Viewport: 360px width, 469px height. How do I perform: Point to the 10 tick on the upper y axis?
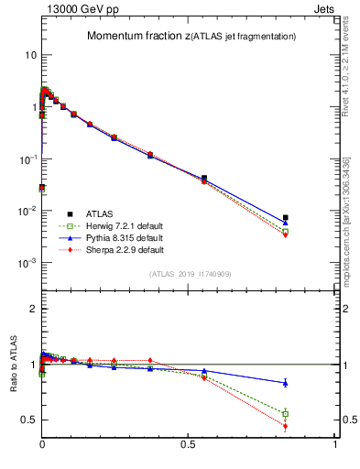[x=29, y=55]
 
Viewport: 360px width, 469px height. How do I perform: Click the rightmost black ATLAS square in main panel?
[x=286, y=217]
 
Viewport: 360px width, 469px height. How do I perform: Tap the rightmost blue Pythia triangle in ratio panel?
[x=286, y=383]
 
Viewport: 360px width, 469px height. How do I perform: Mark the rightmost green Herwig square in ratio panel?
[x=286, y=413]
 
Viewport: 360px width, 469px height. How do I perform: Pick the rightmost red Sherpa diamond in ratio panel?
[x=286, y=426]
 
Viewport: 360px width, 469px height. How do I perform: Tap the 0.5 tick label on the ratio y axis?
[x=28, y=420]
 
